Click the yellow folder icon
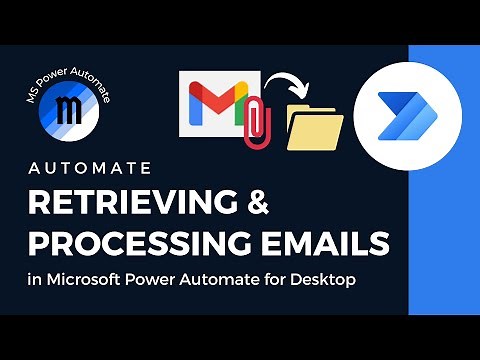[x=314, y=126]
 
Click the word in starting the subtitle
[x=35, y=281]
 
